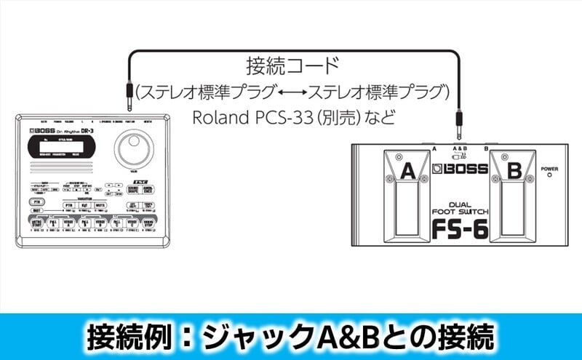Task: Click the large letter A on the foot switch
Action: [407, 172]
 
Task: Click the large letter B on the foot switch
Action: [513, 173]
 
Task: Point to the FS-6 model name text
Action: [460, 228]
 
